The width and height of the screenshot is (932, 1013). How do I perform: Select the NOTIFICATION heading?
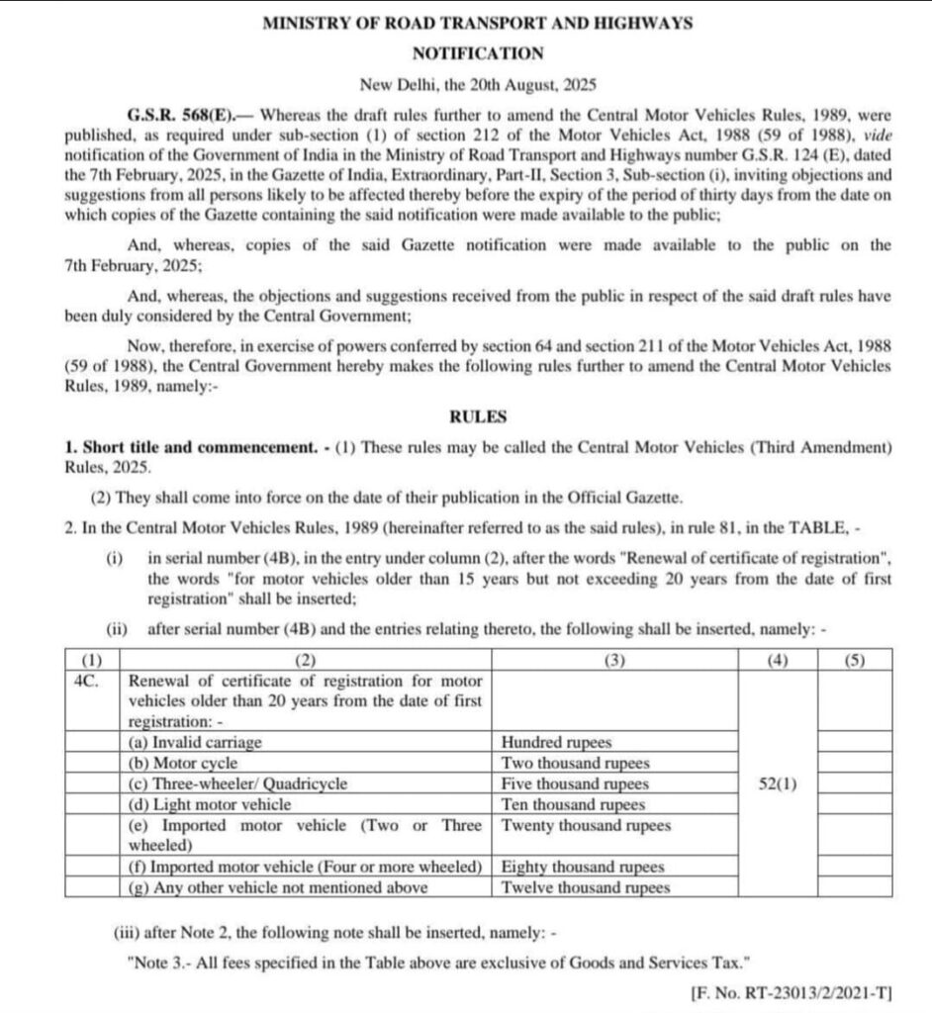(477, 53)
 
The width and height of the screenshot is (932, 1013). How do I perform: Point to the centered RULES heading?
(477, 417)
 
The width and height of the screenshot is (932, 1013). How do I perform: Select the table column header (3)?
(614, 659)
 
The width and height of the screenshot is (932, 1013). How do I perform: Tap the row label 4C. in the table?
(85, 681)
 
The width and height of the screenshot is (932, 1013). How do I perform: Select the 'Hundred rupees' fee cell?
(556, 742)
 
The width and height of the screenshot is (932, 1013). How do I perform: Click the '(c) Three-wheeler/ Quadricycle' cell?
(238, 783)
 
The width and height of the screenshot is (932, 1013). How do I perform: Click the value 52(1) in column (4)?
(777, 783)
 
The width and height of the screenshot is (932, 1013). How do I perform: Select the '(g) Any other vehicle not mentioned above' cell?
(279, 887)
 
